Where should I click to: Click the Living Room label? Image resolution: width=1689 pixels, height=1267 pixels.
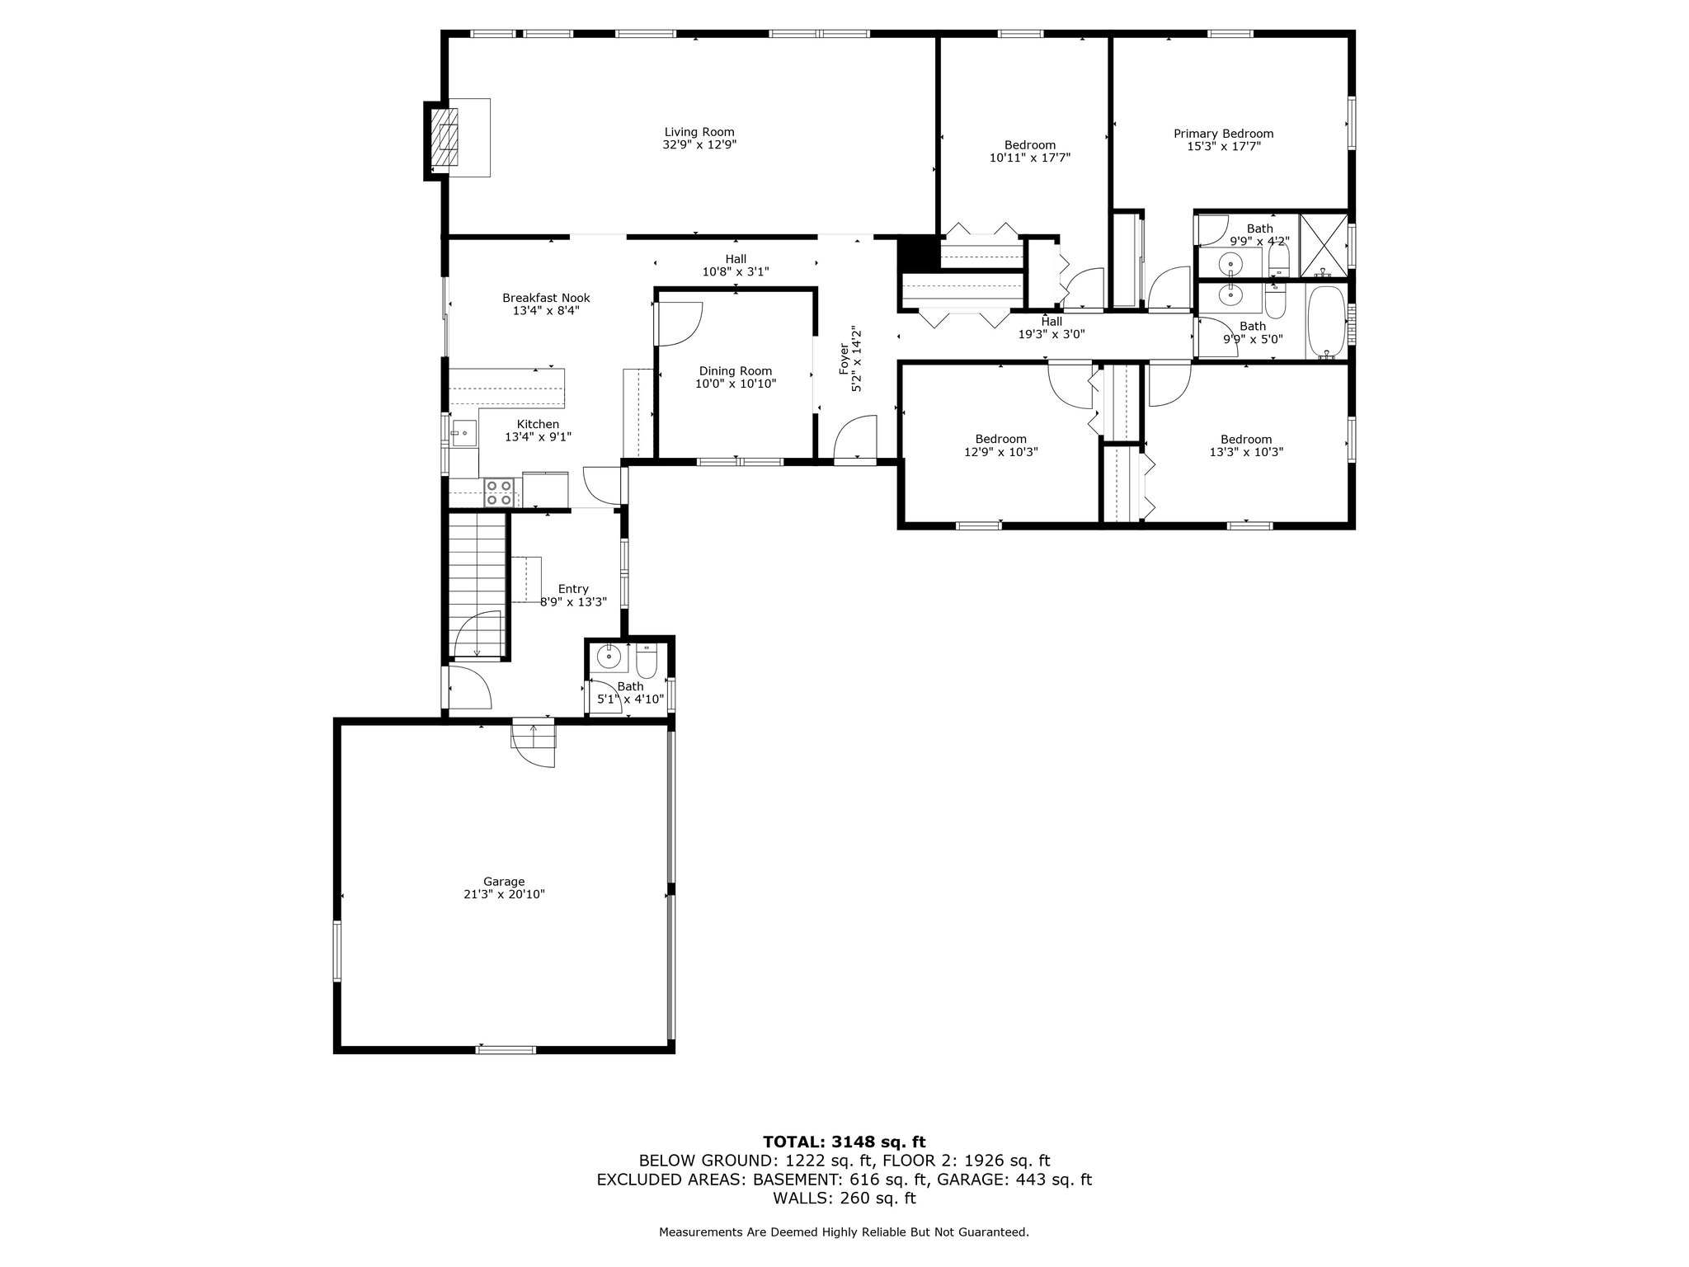[x=699, y=132]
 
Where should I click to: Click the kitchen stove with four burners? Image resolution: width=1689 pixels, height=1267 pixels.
[x=498, y=492]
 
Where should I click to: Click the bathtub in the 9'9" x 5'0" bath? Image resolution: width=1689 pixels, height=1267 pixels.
[x=1326, y=323]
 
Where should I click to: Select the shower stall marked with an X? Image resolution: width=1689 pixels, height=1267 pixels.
[x=1324, y=245]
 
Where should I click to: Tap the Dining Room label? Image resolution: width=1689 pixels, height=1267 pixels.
[x=736, y=371]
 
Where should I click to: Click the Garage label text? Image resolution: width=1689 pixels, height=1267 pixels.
[x=504, y=882]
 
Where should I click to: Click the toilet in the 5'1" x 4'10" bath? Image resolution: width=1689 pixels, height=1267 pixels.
[x=646, y=660]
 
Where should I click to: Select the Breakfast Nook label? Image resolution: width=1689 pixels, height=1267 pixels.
[x=546, y=298]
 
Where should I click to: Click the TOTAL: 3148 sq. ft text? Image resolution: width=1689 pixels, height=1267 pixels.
[x=844, y=1142]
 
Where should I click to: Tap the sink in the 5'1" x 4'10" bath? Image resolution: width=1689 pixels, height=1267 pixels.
[x=609, y=657]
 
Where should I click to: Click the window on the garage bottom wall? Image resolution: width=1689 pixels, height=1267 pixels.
[x=506, y=1050]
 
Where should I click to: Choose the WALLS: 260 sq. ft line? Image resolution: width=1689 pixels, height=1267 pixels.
[x=844, y=1199]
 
